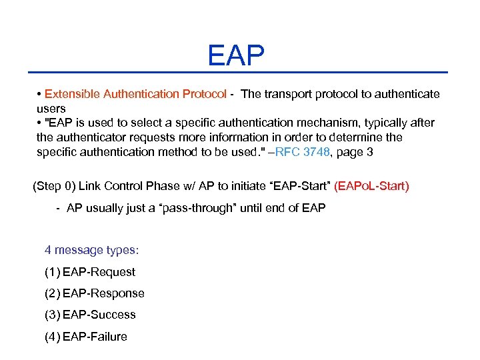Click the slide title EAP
click(x=236, y=55)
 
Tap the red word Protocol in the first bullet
click(x=204, y=94)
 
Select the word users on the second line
click(x=51, y=108)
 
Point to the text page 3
click(x=356, y=152)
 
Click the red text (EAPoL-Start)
click(x=371, y=186)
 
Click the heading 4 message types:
click(x=91, y=250)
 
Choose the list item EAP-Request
click(x=99, y=272)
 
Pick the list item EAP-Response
click(x=103, y=293)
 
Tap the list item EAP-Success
click(x=99, y=315)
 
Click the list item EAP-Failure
click(x=95, y=337)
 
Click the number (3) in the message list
click(x=52, y=315)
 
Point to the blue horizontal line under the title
click(x=237, y=72)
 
